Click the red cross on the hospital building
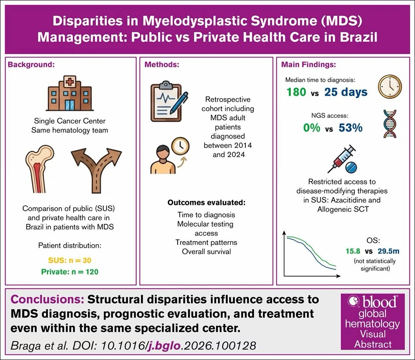[70, 82]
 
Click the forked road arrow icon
[96, 170]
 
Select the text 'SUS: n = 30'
[70, 260]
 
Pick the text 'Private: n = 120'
[70, 272]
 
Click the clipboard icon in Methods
[166, 101]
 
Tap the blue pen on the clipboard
[179, 103]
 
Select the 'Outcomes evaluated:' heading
[206, 202]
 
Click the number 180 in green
[296, 92]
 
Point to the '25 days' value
[346, 92]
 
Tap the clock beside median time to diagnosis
[390, 87]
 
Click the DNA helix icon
[390, 124]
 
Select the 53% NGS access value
[351, 128]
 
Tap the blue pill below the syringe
[351, 167]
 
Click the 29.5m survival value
[388, 251]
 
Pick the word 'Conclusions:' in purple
[47, 299]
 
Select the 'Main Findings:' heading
[308, 65]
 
